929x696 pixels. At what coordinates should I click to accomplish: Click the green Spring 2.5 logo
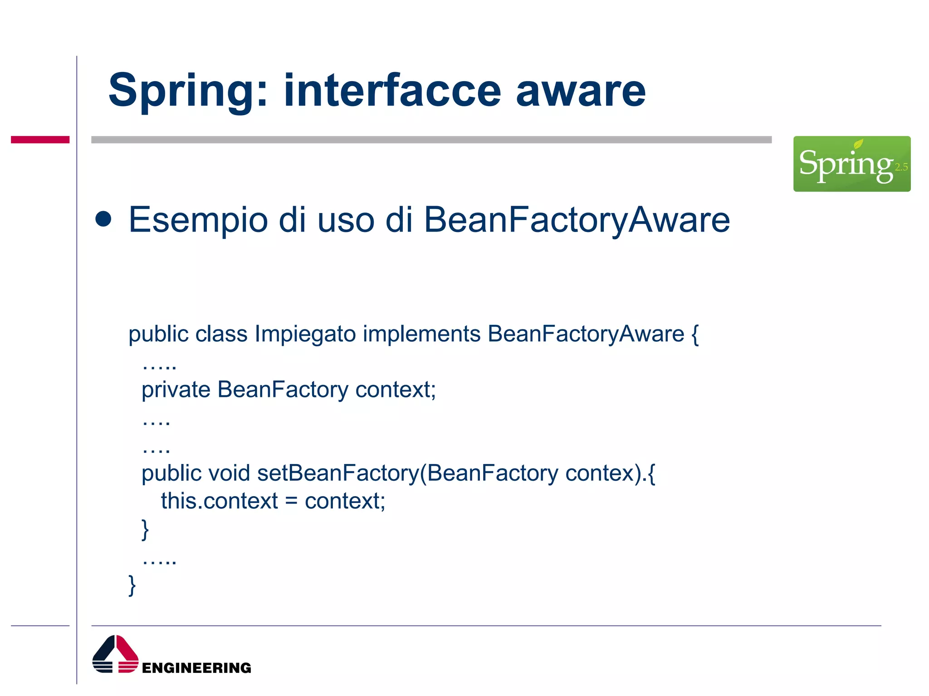pyautogui.click(x=851, y=164)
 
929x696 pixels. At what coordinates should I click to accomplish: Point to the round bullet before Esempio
pyautogui.click(x=103, y=219)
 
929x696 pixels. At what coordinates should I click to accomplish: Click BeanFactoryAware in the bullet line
pyautogui.click(x=577, y=220)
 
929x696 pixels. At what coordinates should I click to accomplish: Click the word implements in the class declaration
pyautogui.click(x=421, y=334)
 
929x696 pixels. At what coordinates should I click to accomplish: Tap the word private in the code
pyautogui.click(x=176, y=390)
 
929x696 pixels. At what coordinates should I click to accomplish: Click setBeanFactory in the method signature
pyautogui.click(x=338, y=474)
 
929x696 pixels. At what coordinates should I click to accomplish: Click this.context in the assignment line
pyautogui.click(x=219, y=502)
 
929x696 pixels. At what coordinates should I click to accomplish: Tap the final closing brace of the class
pyautogui.click(x=132, y=585)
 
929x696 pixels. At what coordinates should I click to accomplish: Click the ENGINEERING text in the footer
pyautogui.click(x=196, y=668)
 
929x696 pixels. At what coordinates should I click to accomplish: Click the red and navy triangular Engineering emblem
pyautogui.click(x=115, y=654)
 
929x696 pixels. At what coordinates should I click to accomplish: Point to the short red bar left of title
pyautogui.click(x=40, y=140)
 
